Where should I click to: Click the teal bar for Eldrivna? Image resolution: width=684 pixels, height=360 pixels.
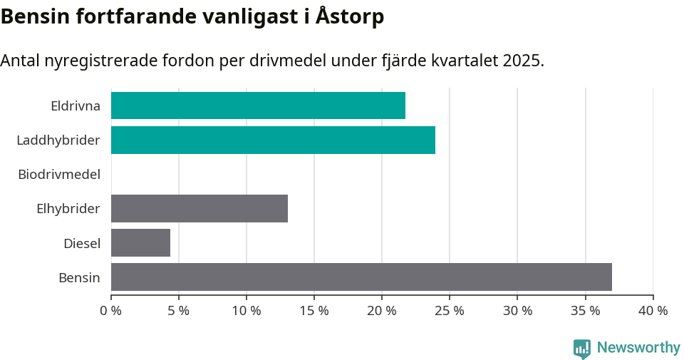[x=258, y=106]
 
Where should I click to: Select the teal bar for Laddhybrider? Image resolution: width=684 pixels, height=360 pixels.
[x=273, y=140]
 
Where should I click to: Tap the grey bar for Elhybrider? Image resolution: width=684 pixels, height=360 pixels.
[x=199, y=208]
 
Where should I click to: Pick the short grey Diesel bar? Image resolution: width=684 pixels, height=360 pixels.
[x=140, y=242]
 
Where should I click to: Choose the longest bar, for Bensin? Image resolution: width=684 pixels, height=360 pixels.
[x=361, y=277]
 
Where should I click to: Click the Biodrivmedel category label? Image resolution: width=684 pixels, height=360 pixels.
[x=59, y=174]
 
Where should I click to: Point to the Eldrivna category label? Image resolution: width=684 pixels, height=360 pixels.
[x=76, y=106]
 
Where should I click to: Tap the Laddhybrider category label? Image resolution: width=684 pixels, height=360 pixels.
[x=58, y=140]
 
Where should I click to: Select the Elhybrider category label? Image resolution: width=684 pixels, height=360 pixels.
[x=68, y=209]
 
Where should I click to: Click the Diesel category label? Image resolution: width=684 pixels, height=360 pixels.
[x=82, y=243]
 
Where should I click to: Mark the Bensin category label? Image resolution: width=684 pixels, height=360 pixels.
[x=79, y=277]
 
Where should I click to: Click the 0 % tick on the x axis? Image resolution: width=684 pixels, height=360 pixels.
[x=111, y=311]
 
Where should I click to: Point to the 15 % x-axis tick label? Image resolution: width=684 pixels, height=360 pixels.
[x=314, y=311]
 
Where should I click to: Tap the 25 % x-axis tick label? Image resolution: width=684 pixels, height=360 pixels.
[x=450, y=311]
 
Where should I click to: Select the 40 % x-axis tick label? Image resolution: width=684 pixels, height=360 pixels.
[x=653, y=311]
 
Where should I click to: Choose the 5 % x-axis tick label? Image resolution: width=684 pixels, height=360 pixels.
[x=179, y=311]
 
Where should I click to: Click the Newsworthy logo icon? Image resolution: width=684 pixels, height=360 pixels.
[x=582, y=348]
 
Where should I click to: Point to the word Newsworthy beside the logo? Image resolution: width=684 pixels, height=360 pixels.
[x=638, y=348]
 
